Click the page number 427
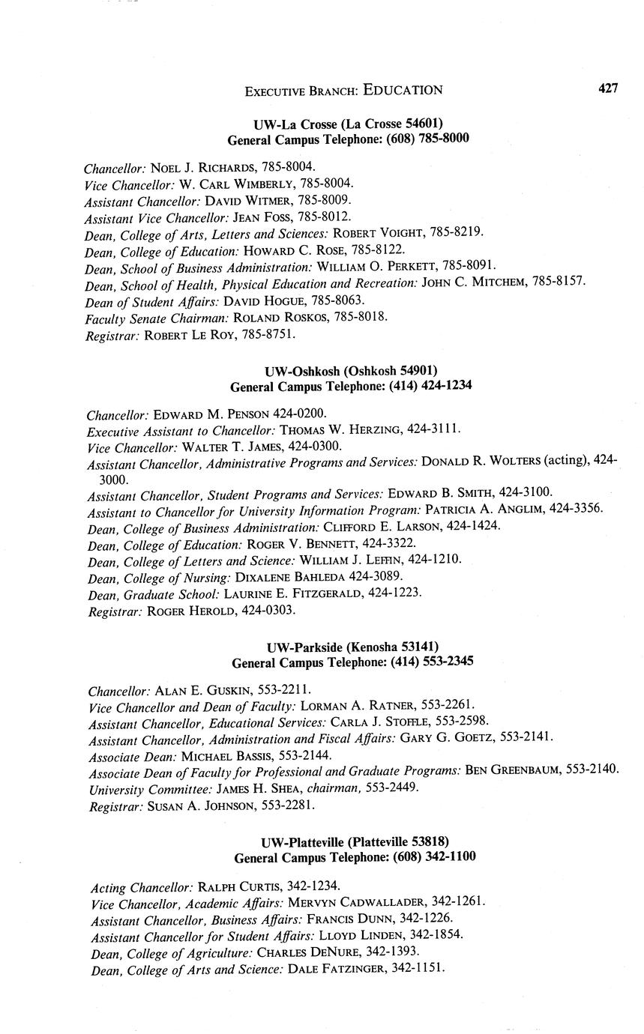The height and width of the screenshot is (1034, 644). click(x=608, y=88)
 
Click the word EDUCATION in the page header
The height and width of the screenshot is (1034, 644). click(x=403, y=90)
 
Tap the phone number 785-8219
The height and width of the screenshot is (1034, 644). click(x=459, y=233)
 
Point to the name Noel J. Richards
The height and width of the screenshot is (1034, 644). click(x=199, y=168)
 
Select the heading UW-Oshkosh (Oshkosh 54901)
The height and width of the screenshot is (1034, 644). click(x=351, y=372)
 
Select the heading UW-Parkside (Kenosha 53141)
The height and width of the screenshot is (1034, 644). click(x=352, y=647)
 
